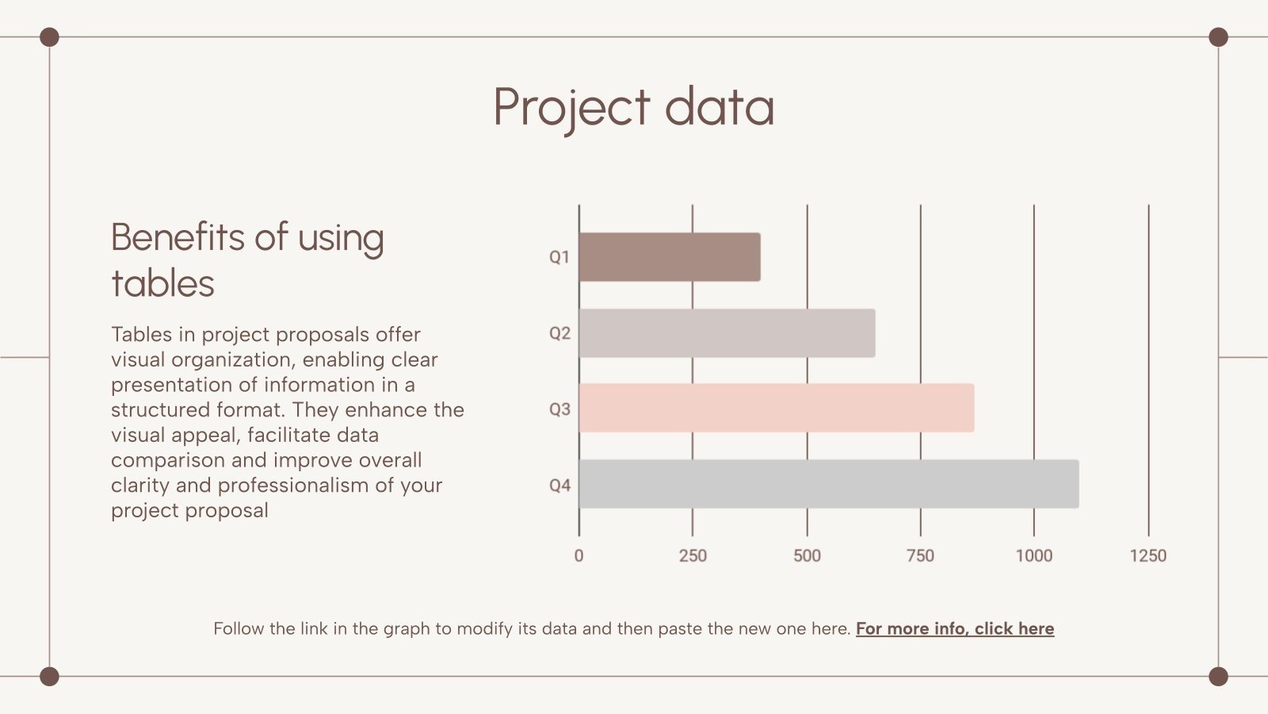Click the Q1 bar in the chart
point(670,257)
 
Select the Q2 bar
point(727,333)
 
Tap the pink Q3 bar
point(777,409)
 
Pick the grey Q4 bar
point(828,484)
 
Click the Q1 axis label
point(560,257)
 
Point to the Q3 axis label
point(560,409)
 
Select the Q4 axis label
point(560,486)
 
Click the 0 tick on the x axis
point(579,555)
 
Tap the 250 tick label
point(693,555)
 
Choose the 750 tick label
point(920,555)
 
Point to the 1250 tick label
point(1148,555)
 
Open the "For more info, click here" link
point(955,629)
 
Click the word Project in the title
point(571,108)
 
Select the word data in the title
point(719,108)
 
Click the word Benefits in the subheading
point(178,237)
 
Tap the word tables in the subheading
point(163,284)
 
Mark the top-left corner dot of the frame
point(49,37)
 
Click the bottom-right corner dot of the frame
point(1218,676)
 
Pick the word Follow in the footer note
point(239,629)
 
